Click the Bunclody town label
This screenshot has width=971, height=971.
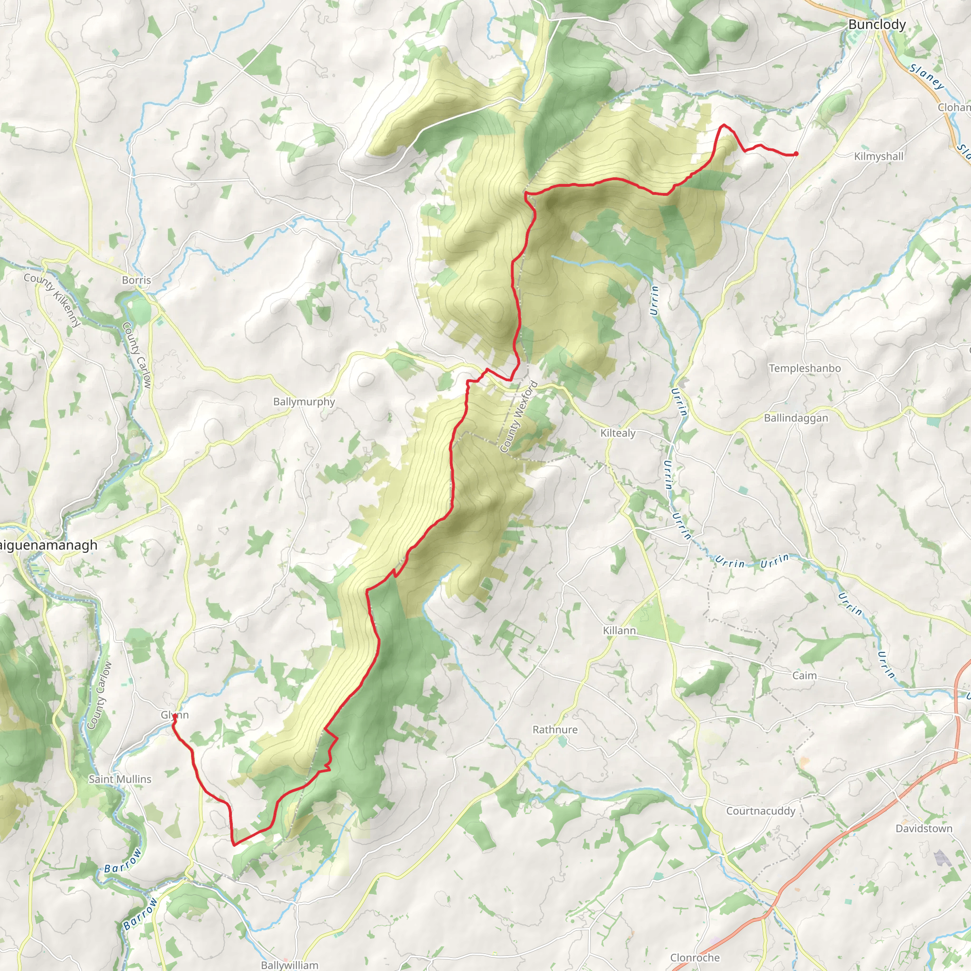click(877, 25)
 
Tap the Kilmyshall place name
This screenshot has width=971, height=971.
click(879, 156)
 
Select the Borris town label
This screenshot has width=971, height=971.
click(136, 280)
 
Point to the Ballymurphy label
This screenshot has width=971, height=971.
click(303, 402)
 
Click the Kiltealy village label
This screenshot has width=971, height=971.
click(618, 433)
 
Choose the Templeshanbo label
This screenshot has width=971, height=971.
click(805, 368)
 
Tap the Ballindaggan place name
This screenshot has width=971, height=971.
click(796, 418)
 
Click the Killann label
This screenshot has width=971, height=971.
click(619, 630)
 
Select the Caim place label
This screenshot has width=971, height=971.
click(804, 676)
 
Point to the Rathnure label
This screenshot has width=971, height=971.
click(555, 729)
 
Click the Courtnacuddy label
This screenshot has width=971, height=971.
click(760, 811)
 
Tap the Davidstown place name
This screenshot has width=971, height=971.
click(924, 828)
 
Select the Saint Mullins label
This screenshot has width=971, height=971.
click(119, 779)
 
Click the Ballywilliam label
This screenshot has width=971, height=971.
click(289, 965)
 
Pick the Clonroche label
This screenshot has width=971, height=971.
click(695, 957)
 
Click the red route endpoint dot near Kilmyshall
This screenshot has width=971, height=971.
click(796, 154)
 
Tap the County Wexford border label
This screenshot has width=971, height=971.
click(519, 417)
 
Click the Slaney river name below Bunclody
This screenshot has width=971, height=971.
click(926, 76)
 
